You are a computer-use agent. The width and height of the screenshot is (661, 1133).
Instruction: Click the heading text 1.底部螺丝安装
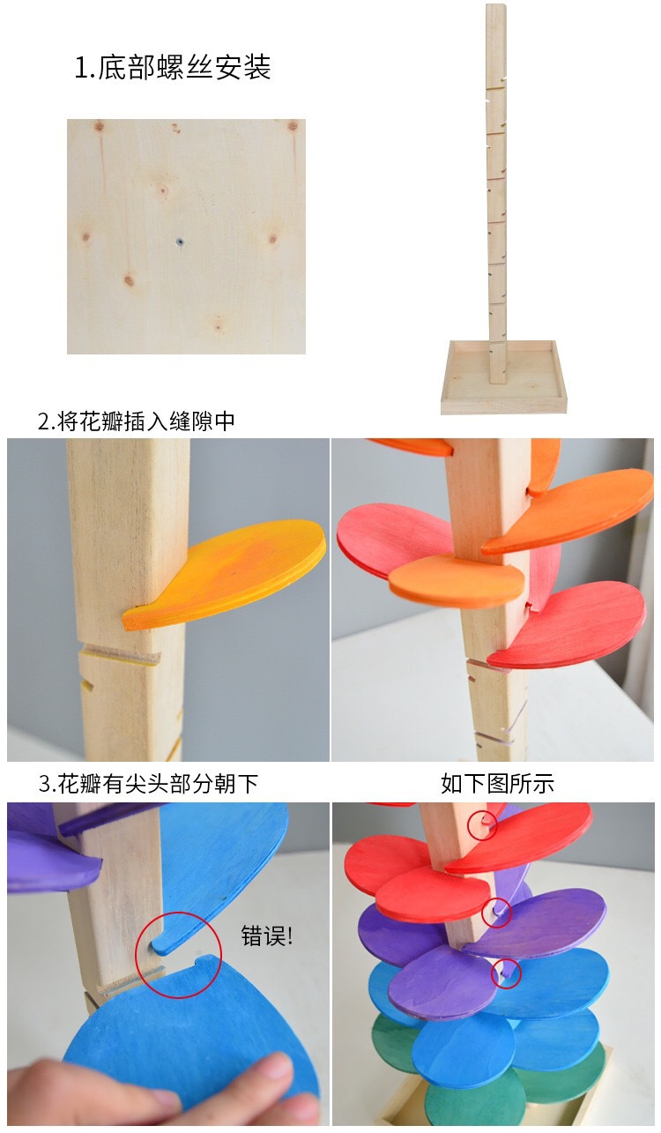click(x=173, y=69)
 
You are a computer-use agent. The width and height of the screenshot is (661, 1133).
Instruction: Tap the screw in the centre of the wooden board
click(x=179, y=239)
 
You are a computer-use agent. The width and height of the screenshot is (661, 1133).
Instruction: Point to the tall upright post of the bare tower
click(x=495, y=176)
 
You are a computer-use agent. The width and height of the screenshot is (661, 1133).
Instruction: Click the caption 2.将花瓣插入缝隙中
click(x=137, y=421)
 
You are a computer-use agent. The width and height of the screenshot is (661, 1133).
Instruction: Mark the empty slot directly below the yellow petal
click(x=119, y=658)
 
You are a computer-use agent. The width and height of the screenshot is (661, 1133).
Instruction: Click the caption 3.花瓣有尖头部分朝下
click(x=148, y=783)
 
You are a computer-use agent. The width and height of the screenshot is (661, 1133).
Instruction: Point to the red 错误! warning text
click(x=266, y=936)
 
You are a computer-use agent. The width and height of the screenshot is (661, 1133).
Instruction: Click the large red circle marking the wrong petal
click(x=180, y=955)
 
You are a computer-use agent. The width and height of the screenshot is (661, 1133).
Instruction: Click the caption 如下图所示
click(x=497, y=783)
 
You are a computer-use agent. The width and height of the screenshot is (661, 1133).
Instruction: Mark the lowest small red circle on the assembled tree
click(x=506, y=973)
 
